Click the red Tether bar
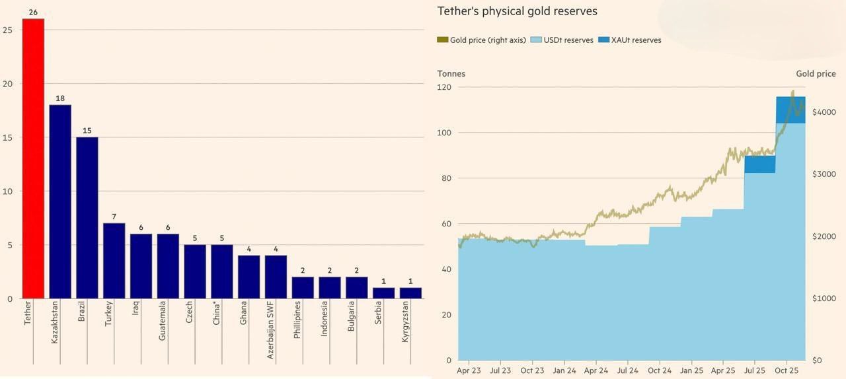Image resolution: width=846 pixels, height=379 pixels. point(33,158)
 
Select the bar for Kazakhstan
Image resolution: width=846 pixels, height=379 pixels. point(60,201)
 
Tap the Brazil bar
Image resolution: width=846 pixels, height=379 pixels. point(87,218)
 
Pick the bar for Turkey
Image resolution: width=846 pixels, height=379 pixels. point(114,261)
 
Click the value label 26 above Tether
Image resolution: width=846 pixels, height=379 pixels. point(33,13)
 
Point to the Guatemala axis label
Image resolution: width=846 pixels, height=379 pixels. point(162,321)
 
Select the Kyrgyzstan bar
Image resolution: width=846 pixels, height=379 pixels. point(410,293)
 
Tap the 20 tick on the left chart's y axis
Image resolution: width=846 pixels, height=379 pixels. point(7,84)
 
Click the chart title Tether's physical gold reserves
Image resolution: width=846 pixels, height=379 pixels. point(518,11)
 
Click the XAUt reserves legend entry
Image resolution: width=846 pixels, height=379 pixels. point(630,40)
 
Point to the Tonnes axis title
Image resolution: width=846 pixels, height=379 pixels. point(451,74)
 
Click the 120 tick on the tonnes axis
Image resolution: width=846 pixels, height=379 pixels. point(444,87)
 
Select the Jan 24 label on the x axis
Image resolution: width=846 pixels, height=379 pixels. point(564,371)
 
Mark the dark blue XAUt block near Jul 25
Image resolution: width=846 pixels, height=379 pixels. point(759,164)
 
